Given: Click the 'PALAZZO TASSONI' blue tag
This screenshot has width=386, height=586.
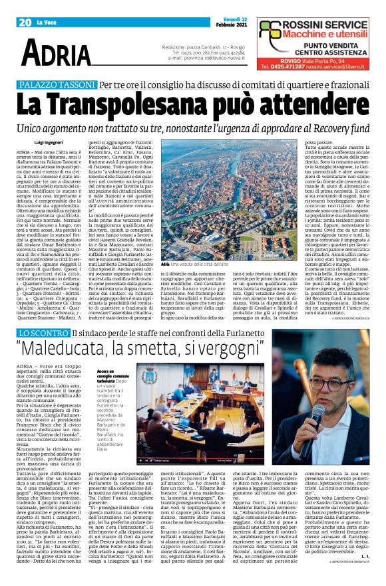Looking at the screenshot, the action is (58, 85).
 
